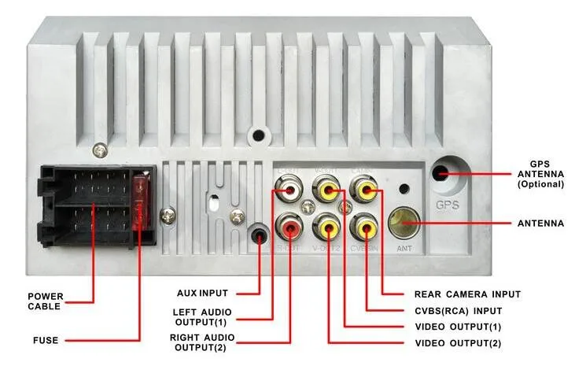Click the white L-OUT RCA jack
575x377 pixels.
pyautogui.click(x=288, y=190)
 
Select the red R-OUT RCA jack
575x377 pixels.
pyautogui.click(x=289, y=229)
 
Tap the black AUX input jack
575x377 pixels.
pyautogui.click(x=257, y=235)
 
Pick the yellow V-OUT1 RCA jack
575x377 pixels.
pyautogui.click(x=326, y=190)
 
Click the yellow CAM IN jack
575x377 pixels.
pyautogui.click(x=363, y=190)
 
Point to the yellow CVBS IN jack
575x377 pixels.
pyautogui.click(x=363, y=228)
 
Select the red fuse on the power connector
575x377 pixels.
pyautogui.click(x=142, y=201)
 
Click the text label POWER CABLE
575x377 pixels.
pyautogui.click(x=46, y=301)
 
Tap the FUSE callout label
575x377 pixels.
pyautogui.click(x=45, y=341)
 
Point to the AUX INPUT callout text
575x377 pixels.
pyautogui.click(x=203, y=294)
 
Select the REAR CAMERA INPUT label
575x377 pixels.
pyautogui.click(x=467, y=294)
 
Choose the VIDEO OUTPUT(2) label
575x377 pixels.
pyautogui.click(x=457, y=343)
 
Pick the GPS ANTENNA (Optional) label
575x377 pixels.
pyautogui.click(x=540, y=174)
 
